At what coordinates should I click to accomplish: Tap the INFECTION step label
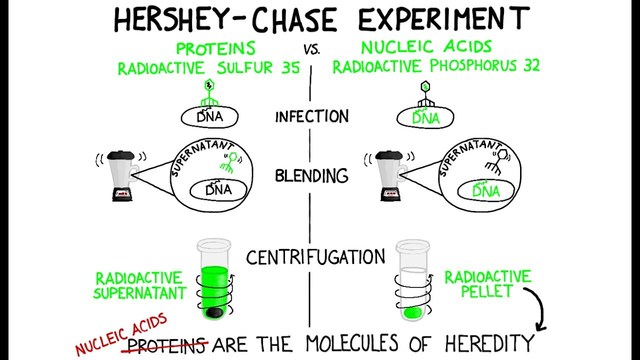click(x=312, y=116)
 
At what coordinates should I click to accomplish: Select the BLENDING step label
click(x=312, y=176)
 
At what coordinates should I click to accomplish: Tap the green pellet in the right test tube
click(x=412, y=313)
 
